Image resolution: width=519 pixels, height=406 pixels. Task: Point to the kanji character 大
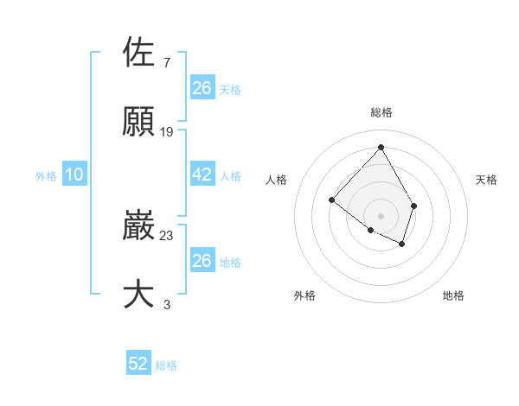coord(139,295)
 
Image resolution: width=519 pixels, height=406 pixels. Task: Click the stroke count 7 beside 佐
coord(166,62)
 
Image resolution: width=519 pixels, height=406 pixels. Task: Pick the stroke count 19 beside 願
coord(167,131)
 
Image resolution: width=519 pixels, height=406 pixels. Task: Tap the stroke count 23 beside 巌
coord(167,235)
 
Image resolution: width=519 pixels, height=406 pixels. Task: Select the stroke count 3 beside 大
coord(166,304)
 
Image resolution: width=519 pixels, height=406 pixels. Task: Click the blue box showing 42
coord(202,174)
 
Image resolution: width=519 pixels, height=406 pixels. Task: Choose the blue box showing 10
coord(74,175)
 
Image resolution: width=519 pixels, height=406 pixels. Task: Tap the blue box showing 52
coord(138,364)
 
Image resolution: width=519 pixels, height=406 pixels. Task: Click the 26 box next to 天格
coord(202,88)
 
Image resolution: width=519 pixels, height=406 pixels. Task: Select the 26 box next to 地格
coord(202,261)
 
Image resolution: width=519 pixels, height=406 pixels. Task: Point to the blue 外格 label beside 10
coord(46,176)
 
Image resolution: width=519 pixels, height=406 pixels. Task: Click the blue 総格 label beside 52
coord(166,365)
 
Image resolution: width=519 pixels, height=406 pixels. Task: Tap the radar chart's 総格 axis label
coord(381,112)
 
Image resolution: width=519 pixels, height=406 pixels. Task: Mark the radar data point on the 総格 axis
coord(381,147)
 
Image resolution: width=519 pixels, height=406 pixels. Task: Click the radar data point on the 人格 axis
coord(331,200)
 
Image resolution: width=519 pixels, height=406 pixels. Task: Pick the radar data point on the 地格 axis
coord(402,244)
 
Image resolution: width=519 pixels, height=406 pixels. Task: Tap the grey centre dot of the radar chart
coord(381,215)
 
